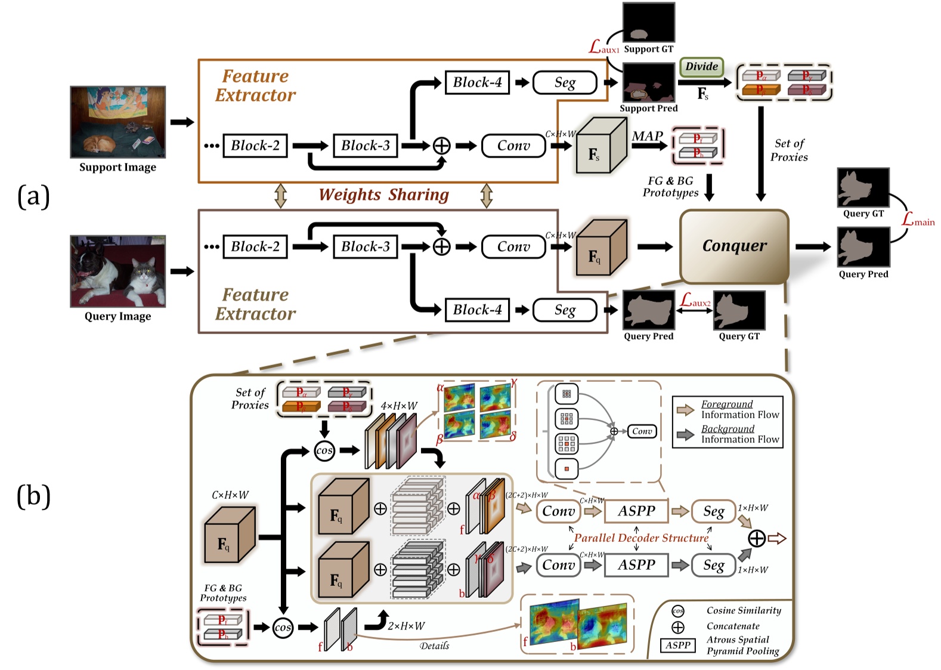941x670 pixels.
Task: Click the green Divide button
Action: point(701,67)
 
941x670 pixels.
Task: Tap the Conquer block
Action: point(734,246)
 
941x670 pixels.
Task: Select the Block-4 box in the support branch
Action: point(477,82)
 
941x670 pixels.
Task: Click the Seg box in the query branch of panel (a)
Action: point(564,310)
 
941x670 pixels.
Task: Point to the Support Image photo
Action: point(117,122)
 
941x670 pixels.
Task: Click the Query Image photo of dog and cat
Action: point(117,271)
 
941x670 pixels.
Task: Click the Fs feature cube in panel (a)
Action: point(600,146)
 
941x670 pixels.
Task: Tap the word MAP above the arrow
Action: point(648,136)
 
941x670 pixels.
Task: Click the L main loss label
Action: point(917,220)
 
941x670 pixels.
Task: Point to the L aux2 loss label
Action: point(695,301)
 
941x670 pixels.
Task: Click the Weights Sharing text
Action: point(383,195)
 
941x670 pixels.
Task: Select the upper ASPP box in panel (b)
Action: point(636,511)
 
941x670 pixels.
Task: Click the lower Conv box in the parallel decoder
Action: point(558,565)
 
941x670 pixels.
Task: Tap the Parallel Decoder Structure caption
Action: point(641,538)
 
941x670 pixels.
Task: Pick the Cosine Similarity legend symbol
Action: point(678,611)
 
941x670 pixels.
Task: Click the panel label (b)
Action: point(33,496)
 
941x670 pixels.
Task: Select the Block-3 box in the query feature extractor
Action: point(365,246)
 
